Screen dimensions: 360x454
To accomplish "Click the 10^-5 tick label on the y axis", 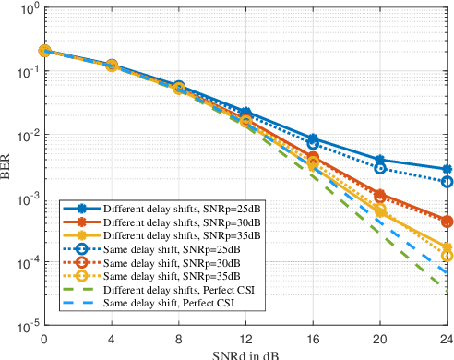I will click(x=24, y=326).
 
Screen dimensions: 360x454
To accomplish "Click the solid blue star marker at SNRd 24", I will click(x=447, y=170).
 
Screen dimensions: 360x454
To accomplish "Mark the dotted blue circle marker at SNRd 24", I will click(x=447, y=182).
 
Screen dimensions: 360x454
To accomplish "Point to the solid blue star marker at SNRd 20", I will click(x=379, y=160).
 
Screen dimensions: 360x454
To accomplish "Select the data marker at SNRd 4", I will click(x=110, y=66).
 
